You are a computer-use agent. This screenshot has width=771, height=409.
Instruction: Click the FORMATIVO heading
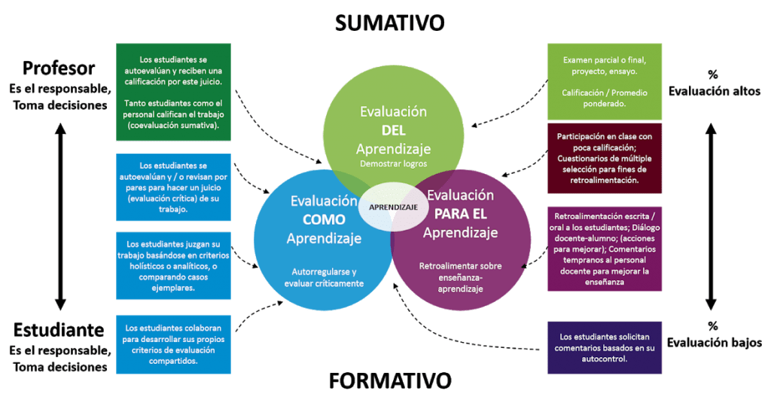point(389,381)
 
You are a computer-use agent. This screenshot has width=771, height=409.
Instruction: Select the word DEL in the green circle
point(394,130)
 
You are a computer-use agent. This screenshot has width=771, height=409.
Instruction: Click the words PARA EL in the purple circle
point(460,214)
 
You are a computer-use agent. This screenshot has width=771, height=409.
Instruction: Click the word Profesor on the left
point(59,69)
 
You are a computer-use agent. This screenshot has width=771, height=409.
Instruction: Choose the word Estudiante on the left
point(59,330)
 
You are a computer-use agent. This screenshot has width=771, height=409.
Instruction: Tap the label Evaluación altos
point(712,91)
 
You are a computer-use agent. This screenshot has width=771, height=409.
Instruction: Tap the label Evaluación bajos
point(712,343)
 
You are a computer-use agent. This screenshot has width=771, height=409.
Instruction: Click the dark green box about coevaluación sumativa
point(173,92)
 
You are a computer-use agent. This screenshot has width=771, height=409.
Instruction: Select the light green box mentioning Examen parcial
point(605,81)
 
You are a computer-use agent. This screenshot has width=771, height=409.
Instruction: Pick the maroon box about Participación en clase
point(605,159)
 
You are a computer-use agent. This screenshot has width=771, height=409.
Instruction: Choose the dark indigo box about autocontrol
point(605,347)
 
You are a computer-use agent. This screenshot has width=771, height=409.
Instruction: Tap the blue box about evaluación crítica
point(173,187)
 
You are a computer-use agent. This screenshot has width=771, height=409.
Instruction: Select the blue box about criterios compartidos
point(173,344)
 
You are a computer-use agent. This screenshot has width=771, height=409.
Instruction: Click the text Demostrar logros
point(393,163)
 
